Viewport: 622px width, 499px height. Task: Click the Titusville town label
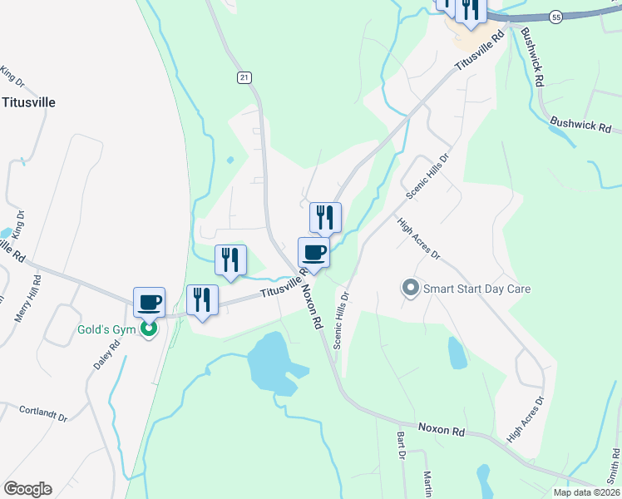click(x=28, y=102)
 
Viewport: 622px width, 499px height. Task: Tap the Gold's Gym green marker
click(x=149, y=330)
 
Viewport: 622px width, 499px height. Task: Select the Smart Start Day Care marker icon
click(x=410, y=289)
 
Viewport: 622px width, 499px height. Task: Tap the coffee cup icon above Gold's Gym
click(x=150, y=302)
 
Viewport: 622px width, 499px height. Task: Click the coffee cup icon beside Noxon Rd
click(x=314, y=252)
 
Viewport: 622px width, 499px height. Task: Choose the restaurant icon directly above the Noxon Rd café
click(x=325, y=217)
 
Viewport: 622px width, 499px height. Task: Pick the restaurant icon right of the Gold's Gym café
click(x=203, y=300)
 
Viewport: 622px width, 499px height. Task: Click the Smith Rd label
click(x=614, y=466)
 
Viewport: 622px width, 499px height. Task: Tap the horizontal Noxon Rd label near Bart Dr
click(x=441, y=430)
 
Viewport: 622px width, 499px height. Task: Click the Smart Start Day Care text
click(x=476, y=289)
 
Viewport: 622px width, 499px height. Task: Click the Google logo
click(x=27, y=489)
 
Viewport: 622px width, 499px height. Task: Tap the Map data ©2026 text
click(x=587, y=492)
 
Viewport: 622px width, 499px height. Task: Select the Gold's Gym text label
click(x=106, y=329)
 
